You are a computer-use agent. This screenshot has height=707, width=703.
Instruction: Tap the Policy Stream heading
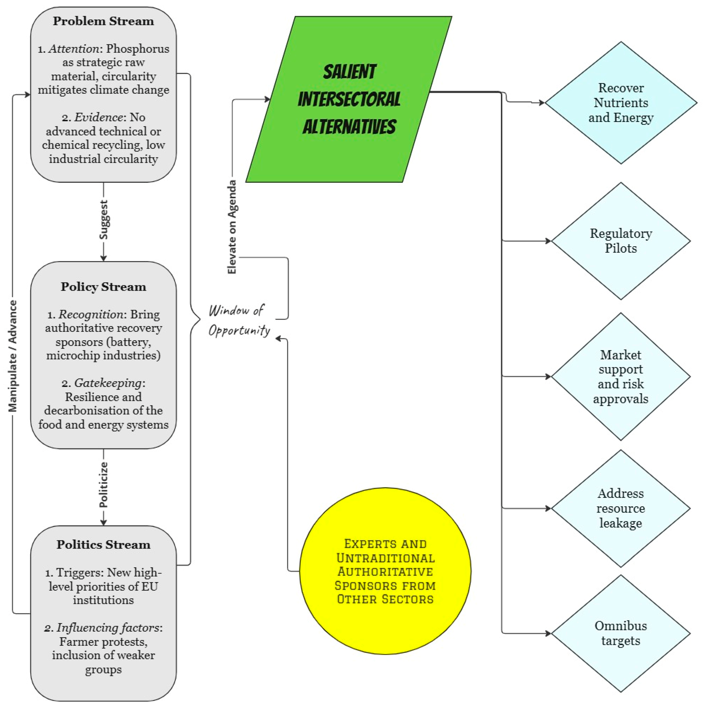point(103,287)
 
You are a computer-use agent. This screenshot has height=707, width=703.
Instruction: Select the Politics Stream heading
point(103,544)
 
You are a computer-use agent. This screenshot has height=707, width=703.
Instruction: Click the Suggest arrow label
point(104,220)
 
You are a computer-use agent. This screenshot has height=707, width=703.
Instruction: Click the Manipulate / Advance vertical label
point(13,356)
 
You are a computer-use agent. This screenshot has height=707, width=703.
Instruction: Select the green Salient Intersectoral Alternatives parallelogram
point(349,99)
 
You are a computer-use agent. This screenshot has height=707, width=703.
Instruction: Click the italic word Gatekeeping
point(108,383)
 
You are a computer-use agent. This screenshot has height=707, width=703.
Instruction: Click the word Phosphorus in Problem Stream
point(138,49)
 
